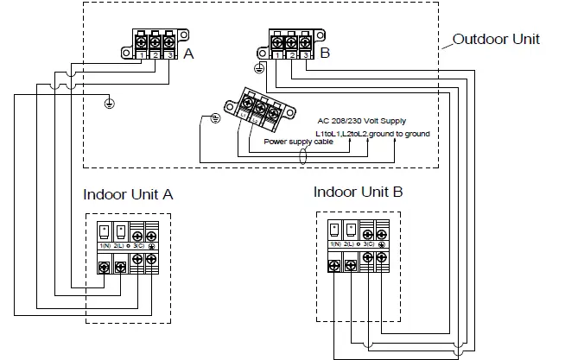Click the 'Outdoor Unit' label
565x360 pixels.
[x=496, y=40]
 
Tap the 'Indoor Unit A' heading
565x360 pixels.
[x=128, y=194]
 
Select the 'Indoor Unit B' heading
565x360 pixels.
[x=358, y=191]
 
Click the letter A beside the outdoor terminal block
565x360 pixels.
[x=187, y=54]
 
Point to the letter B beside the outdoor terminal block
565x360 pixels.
[x=324, y=54]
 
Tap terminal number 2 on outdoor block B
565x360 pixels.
[x=293, y=55]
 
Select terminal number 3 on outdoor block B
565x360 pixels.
[x=306, y=55]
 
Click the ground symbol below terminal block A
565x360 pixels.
[x=109, y=104]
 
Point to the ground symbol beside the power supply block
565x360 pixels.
[x=216, y=118]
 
